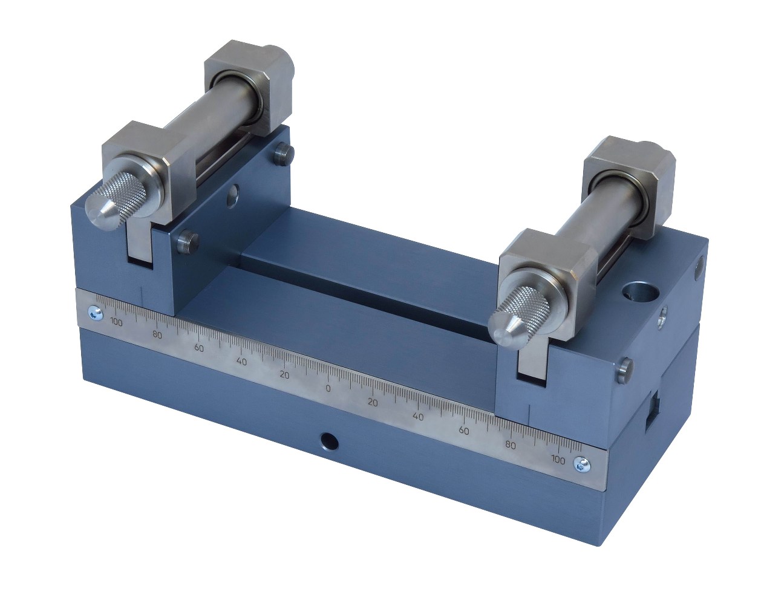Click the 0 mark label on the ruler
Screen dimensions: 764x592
click(x=328, y=388)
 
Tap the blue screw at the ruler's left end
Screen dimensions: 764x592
click(x=95, y=313)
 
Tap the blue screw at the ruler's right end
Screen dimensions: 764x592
click(x=581, y=465)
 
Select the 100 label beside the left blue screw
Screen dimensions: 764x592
click(x=116, y=322)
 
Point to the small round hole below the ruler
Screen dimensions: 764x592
click(x=329, y=441)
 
